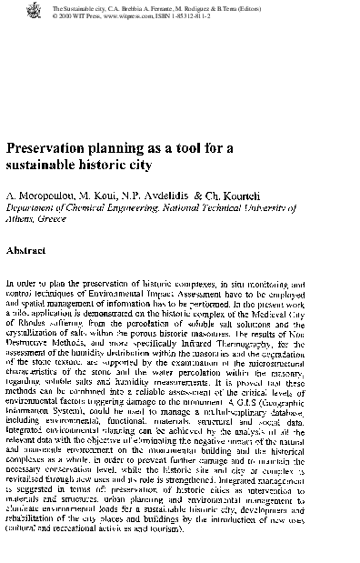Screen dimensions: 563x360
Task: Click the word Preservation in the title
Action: click(x=52, y=149)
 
